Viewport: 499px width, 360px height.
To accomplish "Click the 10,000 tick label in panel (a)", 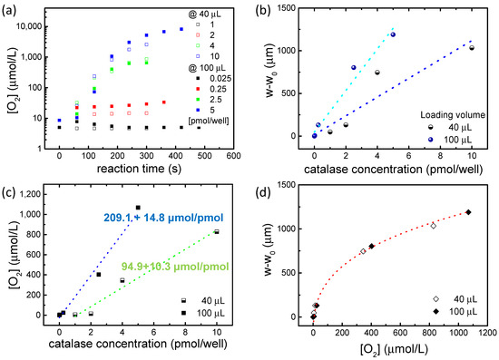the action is coord(29,26).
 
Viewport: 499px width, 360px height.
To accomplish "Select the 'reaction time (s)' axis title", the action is coord(139,169).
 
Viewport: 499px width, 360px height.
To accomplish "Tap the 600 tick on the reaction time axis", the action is coord(233,156).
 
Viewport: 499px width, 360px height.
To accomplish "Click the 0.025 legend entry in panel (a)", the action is coord(220,79).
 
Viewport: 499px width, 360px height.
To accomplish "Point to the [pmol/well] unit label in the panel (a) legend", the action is coord(209,121).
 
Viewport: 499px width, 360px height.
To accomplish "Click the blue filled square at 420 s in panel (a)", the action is coord(181,29).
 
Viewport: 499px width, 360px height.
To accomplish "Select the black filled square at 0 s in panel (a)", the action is coord(59,128).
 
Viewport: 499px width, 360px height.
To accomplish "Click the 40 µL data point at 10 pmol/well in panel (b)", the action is coord(472,48).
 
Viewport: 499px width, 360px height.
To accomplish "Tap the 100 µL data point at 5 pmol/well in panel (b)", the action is coord(393,34).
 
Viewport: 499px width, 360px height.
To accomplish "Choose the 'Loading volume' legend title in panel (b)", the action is coord(453,115).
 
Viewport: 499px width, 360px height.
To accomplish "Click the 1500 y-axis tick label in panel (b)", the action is coord(287,7).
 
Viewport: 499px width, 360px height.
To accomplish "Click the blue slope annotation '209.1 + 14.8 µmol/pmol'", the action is coord(163,218).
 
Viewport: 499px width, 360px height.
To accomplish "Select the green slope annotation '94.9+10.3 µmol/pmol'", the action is coord(175,267).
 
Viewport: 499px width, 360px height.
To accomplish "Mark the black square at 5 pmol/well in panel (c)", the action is coord(138,208).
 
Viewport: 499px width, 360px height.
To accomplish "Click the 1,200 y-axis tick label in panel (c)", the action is coord(29,194).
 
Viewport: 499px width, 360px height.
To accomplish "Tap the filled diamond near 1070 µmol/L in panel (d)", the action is coord(468,212).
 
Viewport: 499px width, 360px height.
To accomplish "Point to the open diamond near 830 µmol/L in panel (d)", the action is coord(433,226).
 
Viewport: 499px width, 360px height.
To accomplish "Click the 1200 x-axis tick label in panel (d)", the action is coord(487,333).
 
